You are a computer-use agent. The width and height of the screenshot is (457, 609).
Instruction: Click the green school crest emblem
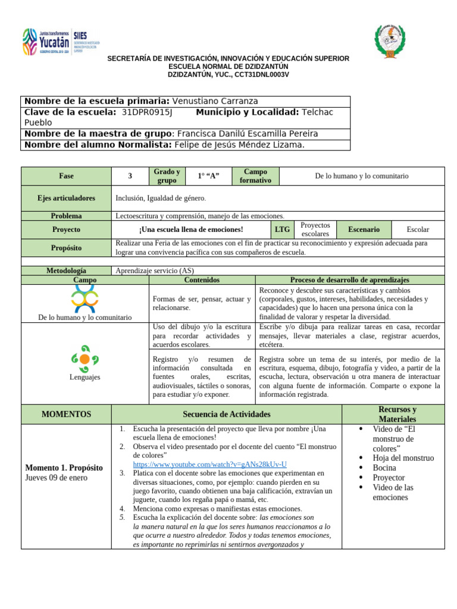[390, 41]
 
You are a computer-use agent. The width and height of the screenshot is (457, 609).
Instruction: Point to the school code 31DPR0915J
[146, 112]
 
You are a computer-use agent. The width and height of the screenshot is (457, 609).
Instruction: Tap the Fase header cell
[66, 176]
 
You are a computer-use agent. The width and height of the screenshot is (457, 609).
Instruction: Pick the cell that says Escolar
[418, 229]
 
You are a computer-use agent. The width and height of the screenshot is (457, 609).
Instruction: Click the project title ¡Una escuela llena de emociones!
[191, 229]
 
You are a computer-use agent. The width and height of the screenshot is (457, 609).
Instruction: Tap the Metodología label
[66, 271]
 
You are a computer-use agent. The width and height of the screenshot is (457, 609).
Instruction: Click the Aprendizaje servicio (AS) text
[155, 271]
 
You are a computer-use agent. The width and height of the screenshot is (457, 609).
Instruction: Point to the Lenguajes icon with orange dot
[84, 359]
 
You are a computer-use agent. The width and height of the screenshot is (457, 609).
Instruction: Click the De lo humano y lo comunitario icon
[84, 299]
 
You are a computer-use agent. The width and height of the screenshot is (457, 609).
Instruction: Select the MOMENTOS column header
[66, 414]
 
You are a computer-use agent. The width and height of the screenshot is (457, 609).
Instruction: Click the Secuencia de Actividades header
[226, 414]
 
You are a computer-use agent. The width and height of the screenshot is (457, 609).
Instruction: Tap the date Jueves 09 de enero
[56, 478]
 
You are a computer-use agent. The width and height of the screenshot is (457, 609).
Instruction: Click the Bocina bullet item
[384, 467]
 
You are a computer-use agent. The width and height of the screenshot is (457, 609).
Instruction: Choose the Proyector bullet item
[389, 478]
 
